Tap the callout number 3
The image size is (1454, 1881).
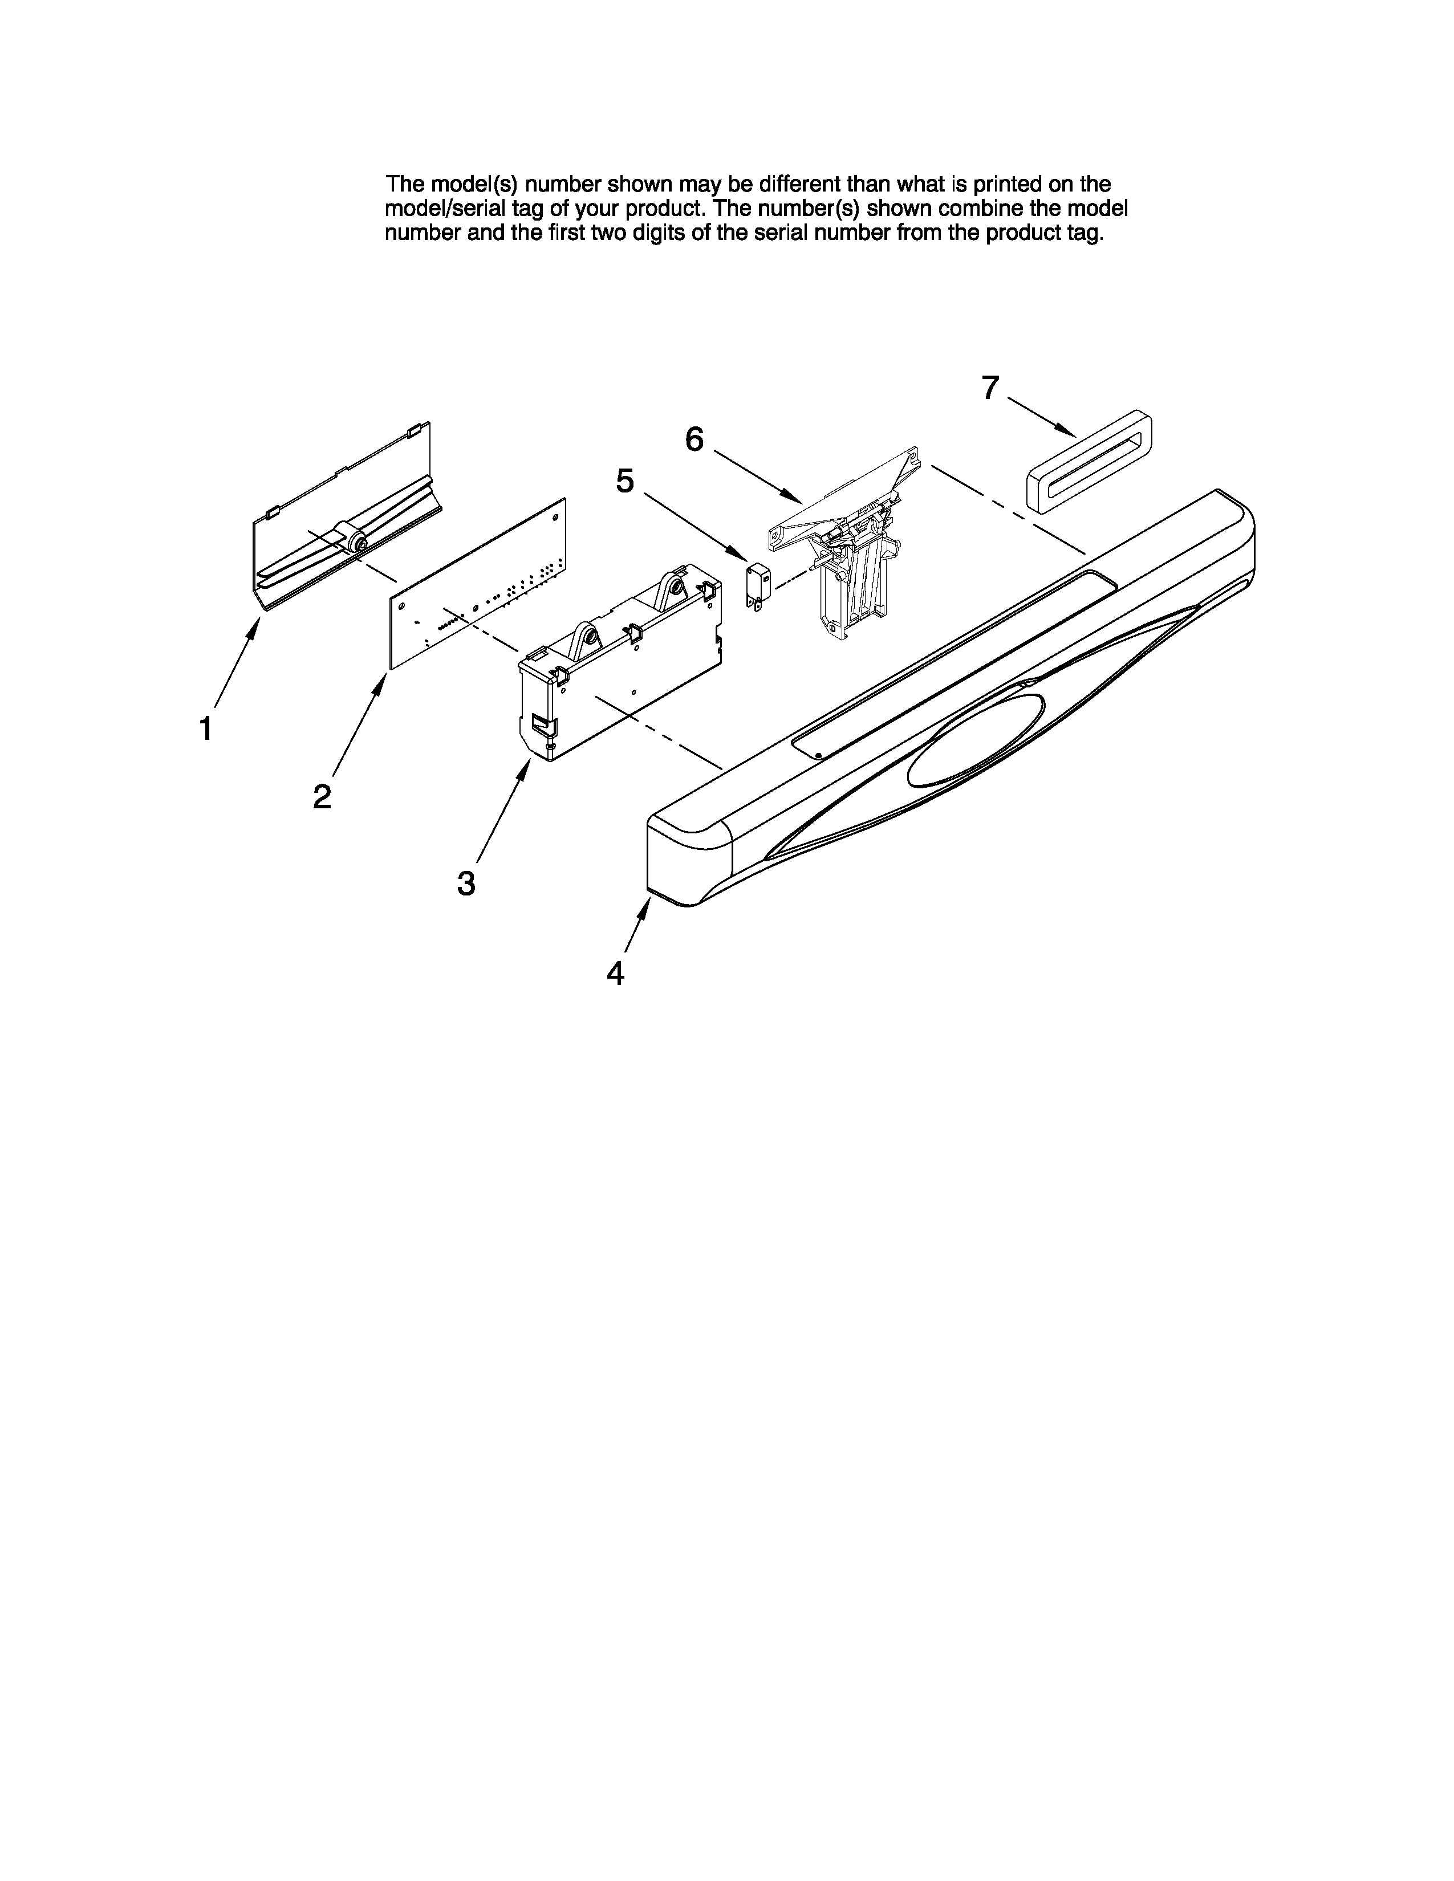(466, 883)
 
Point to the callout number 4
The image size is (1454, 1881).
(615, 973)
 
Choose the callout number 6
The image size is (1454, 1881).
(694, 440)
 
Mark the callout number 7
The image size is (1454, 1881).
(990, 389)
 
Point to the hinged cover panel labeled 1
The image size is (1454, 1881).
(344, 526)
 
